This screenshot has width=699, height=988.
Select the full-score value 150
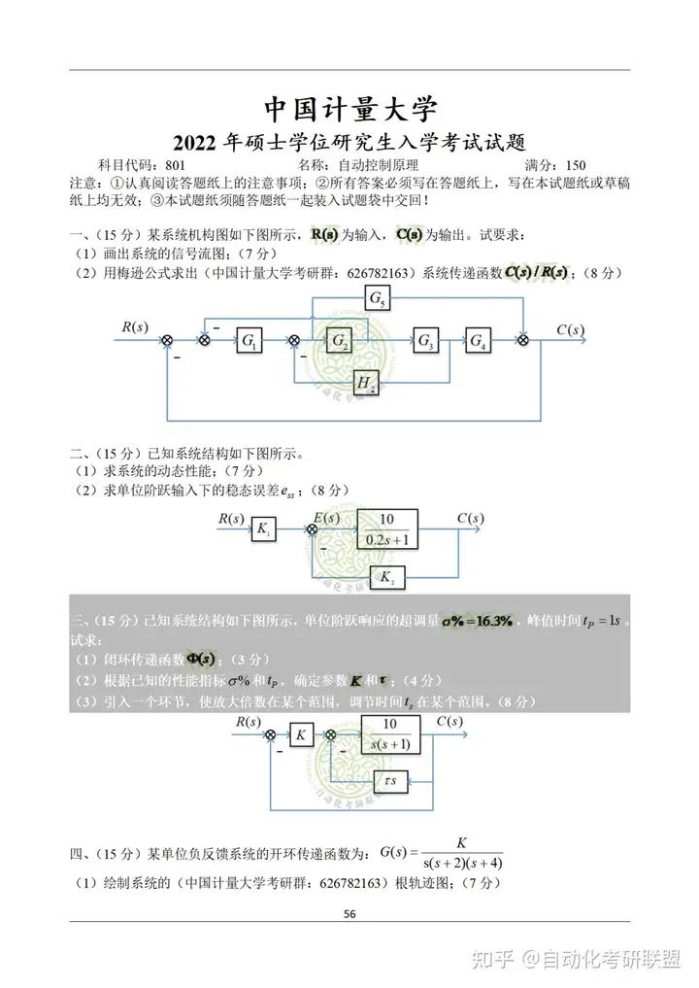click(x=576, y=165)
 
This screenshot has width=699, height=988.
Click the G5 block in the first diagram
click(x=376, y=299)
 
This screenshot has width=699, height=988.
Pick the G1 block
click(x=250, y=340)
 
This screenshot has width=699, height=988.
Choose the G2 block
click(x=339, y=340)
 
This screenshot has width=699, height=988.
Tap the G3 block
click(x=425, y=340)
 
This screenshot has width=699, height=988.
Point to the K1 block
click(x=263, y=529)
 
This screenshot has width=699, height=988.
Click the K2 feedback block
click(x=388, y=577)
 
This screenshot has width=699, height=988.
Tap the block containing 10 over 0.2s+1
click(x=387, y=529)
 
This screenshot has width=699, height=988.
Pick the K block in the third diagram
click(x=300, y=735)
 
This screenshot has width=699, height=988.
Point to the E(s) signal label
click(x=326, y=519)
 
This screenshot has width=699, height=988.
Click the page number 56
click(x=350, y=913)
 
